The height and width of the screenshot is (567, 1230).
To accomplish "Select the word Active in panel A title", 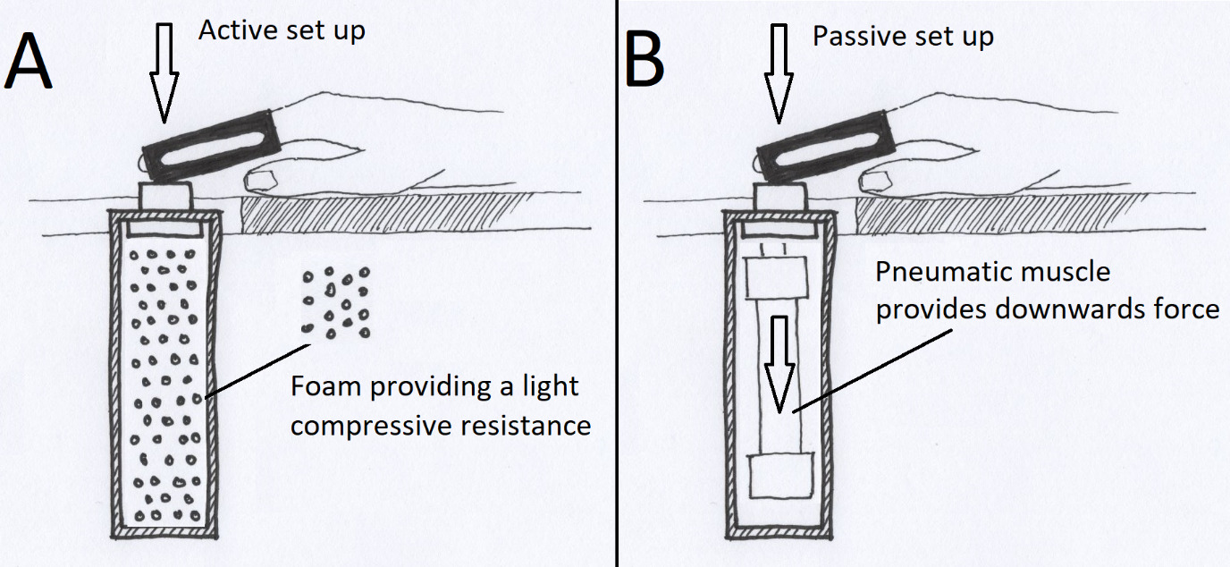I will coord(230,30).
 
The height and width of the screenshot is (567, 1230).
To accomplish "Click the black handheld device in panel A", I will coord(208,146).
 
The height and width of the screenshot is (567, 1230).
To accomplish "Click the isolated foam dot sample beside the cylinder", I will coord(335,302).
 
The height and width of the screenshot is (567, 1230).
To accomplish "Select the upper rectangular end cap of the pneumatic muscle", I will coord(776,275).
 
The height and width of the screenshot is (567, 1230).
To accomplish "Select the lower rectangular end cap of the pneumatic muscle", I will coord(781,477).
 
